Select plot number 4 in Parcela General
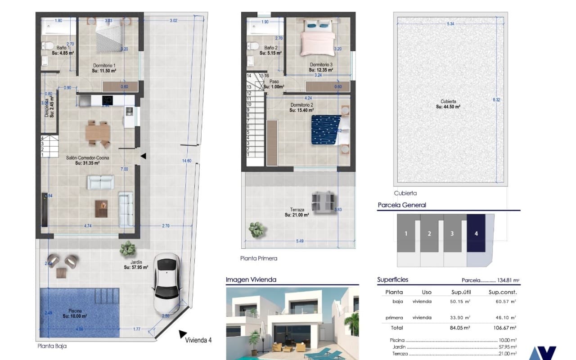click(476, 233)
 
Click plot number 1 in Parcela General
click(406, 233)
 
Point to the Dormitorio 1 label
click(104, 66)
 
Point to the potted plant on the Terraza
click(256, 229)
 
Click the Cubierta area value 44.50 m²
click(448, 107)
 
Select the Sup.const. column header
click(502, 292)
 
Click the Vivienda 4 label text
click(198, 340)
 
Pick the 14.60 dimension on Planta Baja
click(186, 161)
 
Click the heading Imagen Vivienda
click(251, 280)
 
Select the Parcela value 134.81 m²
click(508, 280)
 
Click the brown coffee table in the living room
click(102, 208)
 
